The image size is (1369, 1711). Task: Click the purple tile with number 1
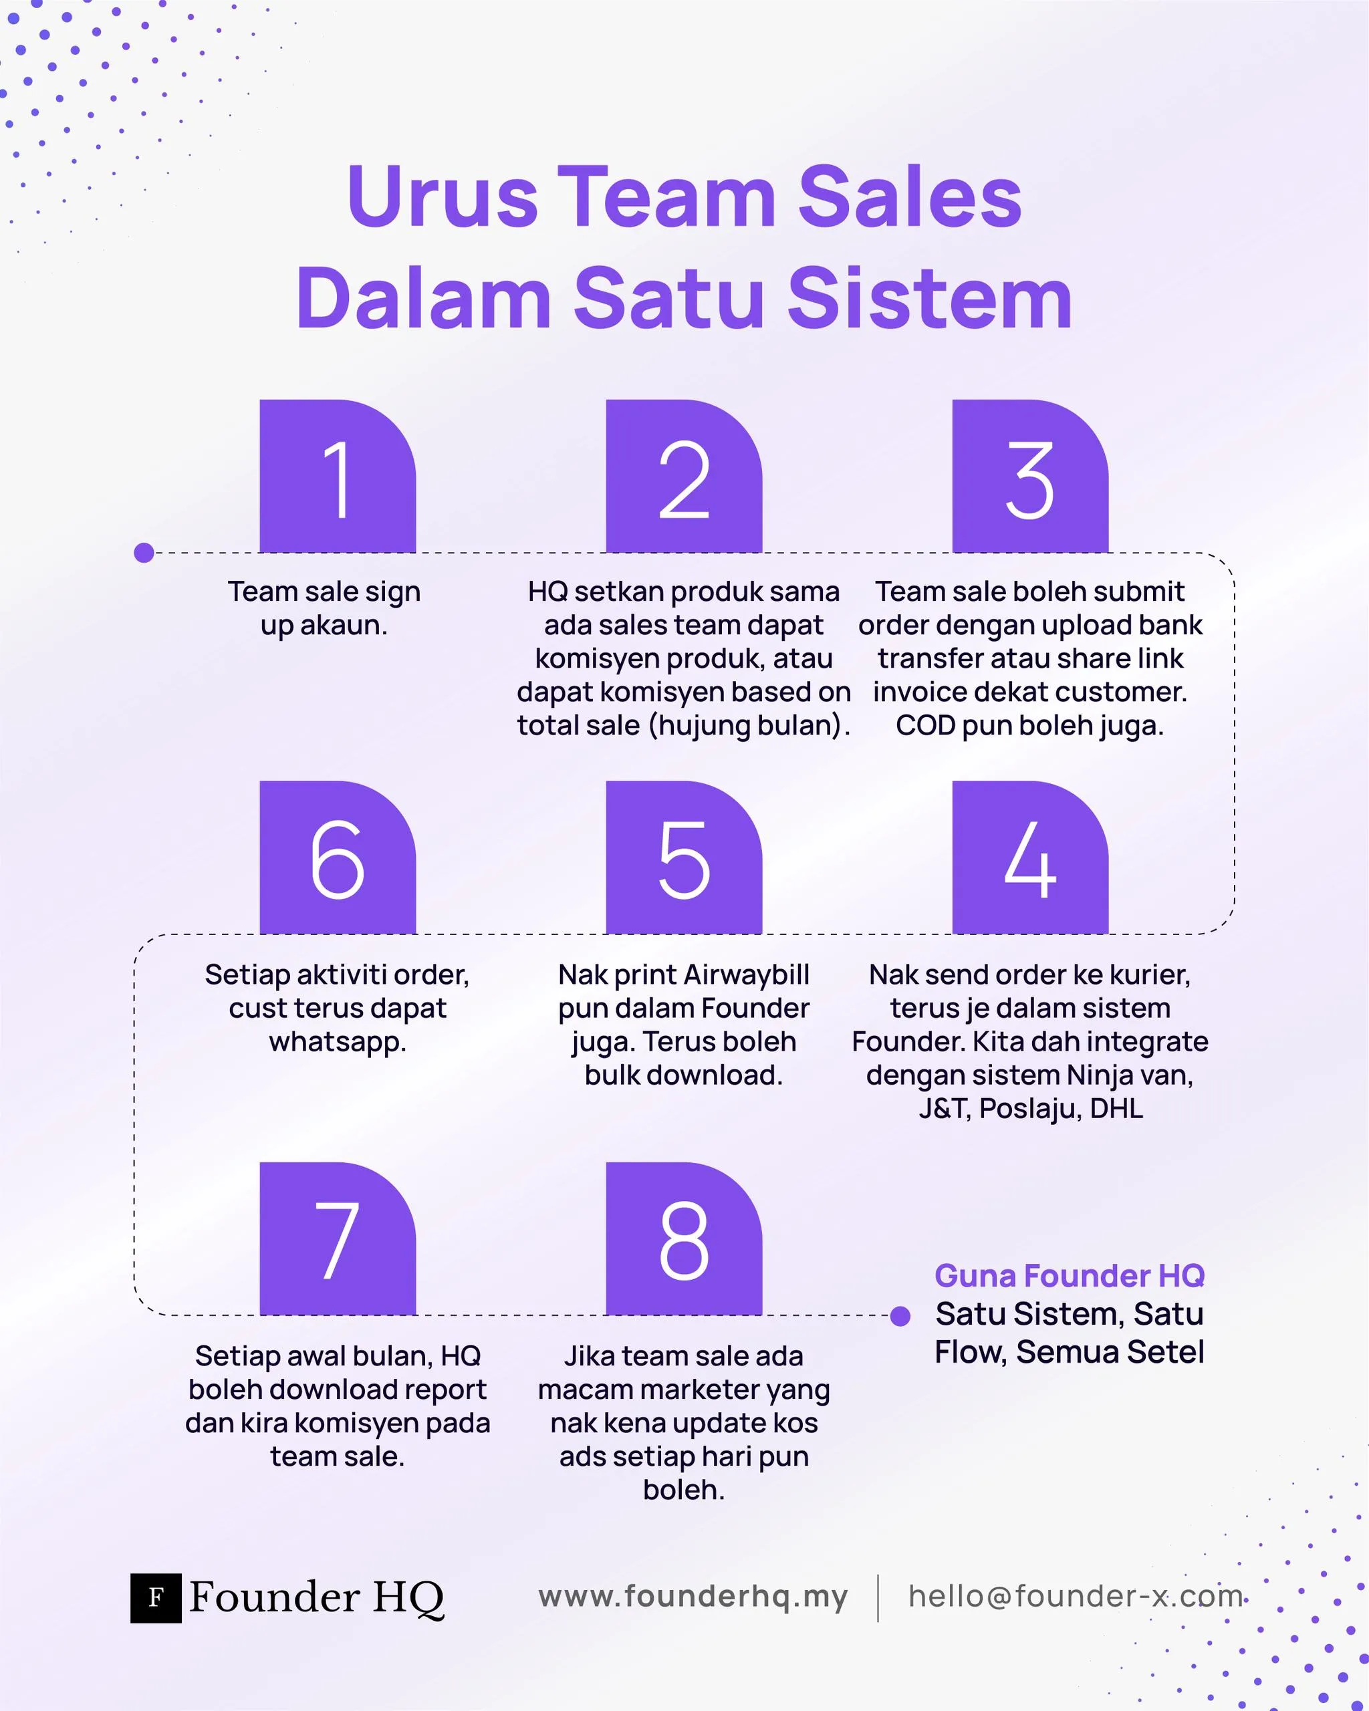[x=338, y=476]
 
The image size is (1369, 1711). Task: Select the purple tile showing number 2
[x=683, y=476]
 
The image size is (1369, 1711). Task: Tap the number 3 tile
[x=1029, y=476]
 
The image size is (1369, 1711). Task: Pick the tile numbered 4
[x=1029, y=858]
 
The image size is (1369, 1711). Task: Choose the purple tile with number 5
[x=683, y=858]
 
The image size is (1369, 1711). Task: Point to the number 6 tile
[x=338, y=858]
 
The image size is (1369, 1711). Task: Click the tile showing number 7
[x=338, y=1239]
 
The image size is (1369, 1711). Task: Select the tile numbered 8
[x=683, y=1239]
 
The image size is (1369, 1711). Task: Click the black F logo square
[x=156, y=1597]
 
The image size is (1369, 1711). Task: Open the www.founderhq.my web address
[x=693, y=1596]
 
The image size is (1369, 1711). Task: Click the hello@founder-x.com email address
[x=1076, y=1596]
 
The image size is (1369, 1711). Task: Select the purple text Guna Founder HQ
[x=1069, y=1275]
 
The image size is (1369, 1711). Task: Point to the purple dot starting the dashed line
[x=144, y=552]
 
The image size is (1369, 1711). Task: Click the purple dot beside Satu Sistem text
[x=900, y=1317]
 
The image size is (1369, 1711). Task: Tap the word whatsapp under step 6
[x=338, y=1042]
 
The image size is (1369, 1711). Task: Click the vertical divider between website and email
[x=878, y=1597]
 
